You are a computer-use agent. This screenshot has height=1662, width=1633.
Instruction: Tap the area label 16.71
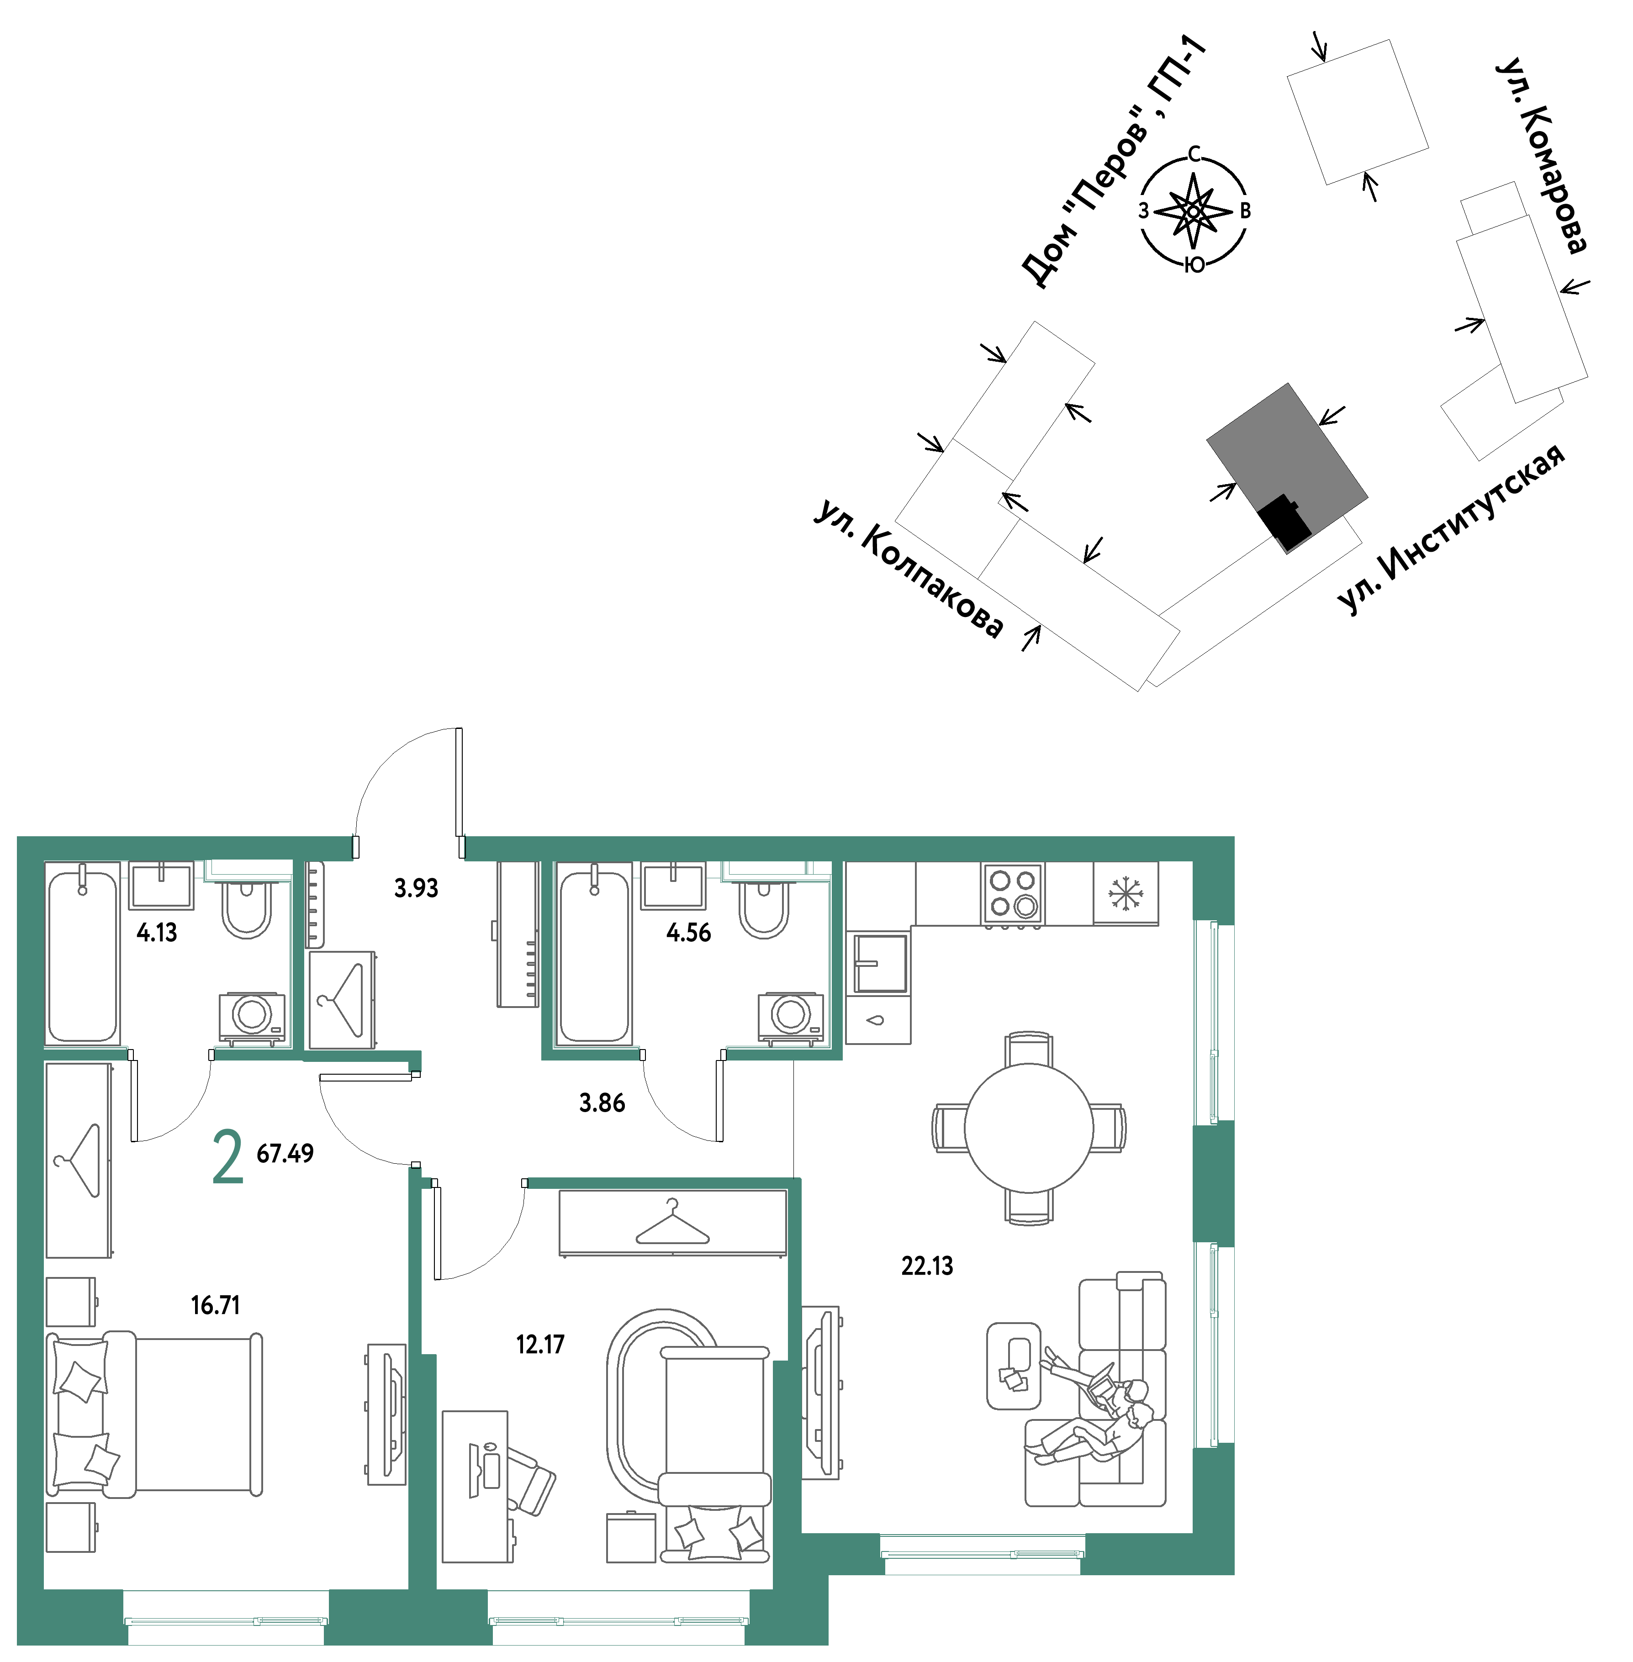215,1305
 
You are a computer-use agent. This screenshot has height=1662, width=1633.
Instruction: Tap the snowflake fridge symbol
1125,894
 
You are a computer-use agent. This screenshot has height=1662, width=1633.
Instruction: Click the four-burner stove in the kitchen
1013,894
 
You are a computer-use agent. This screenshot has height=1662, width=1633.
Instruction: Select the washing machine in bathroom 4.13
252,1018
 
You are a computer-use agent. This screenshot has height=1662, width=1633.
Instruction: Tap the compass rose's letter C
1194,154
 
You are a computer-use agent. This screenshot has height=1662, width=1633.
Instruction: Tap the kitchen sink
879,962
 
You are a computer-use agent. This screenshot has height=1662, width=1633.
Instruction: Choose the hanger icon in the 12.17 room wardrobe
672,1222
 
